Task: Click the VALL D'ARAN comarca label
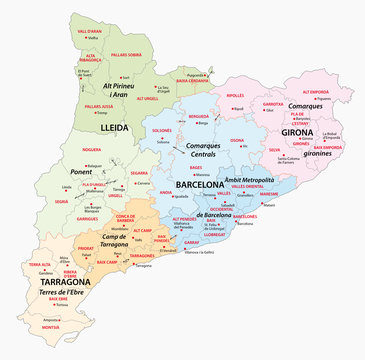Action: click(x=89, y=31)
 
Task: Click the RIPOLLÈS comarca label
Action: click(x=235, y=96)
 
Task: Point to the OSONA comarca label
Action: click(x=237, y=141)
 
